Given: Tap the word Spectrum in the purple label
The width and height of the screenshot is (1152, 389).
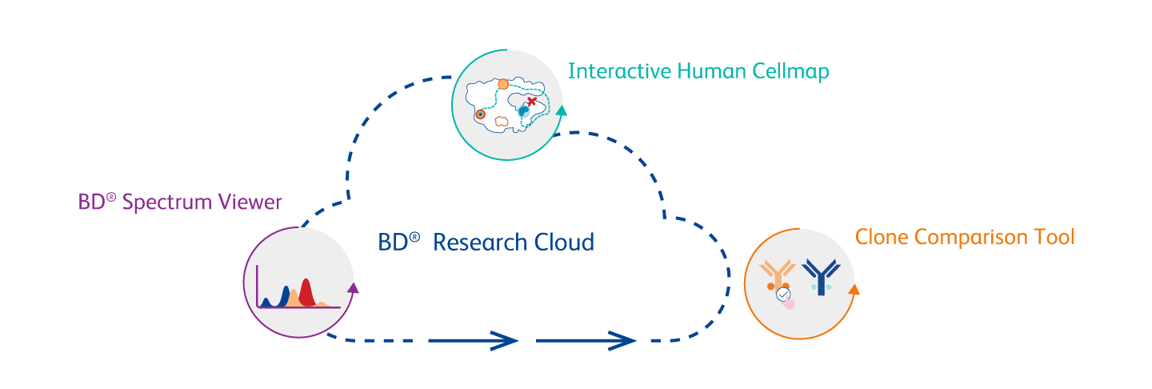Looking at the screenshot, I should click(x=168, y=203).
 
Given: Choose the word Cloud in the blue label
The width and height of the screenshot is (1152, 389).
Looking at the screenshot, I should click(x=563, y=242).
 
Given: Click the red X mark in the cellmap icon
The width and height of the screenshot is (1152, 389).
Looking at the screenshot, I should click(x=532, y=102).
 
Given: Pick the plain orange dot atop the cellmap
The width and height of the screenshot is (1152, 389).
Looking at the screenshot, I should click(x=503, y=83).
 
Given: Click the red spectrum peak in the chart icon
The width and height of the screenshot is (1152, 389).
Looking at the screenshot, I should click(x=305, y=290).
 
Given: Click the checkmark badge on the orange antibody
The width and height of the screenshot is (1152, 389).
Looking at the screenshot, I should click(x=782, y=295).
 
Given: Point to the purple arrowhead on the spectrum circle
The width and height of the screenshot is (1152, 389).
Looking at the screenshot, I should click(x=353, y=287).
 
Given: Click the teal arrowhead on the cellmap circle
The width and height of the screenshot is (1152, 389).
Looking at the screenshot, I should click(x=562, y=110).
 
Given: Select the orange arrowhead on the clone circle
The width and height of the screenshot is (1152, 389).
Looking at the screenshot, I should click(x=854, y=290).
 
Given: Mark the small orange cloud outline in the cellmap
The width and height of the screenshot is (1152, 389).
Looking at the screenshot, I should click(x=502, y=121).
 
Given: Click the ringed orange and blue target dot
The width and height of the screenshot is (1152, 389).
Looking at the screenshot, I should click(x=480, y=114).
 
